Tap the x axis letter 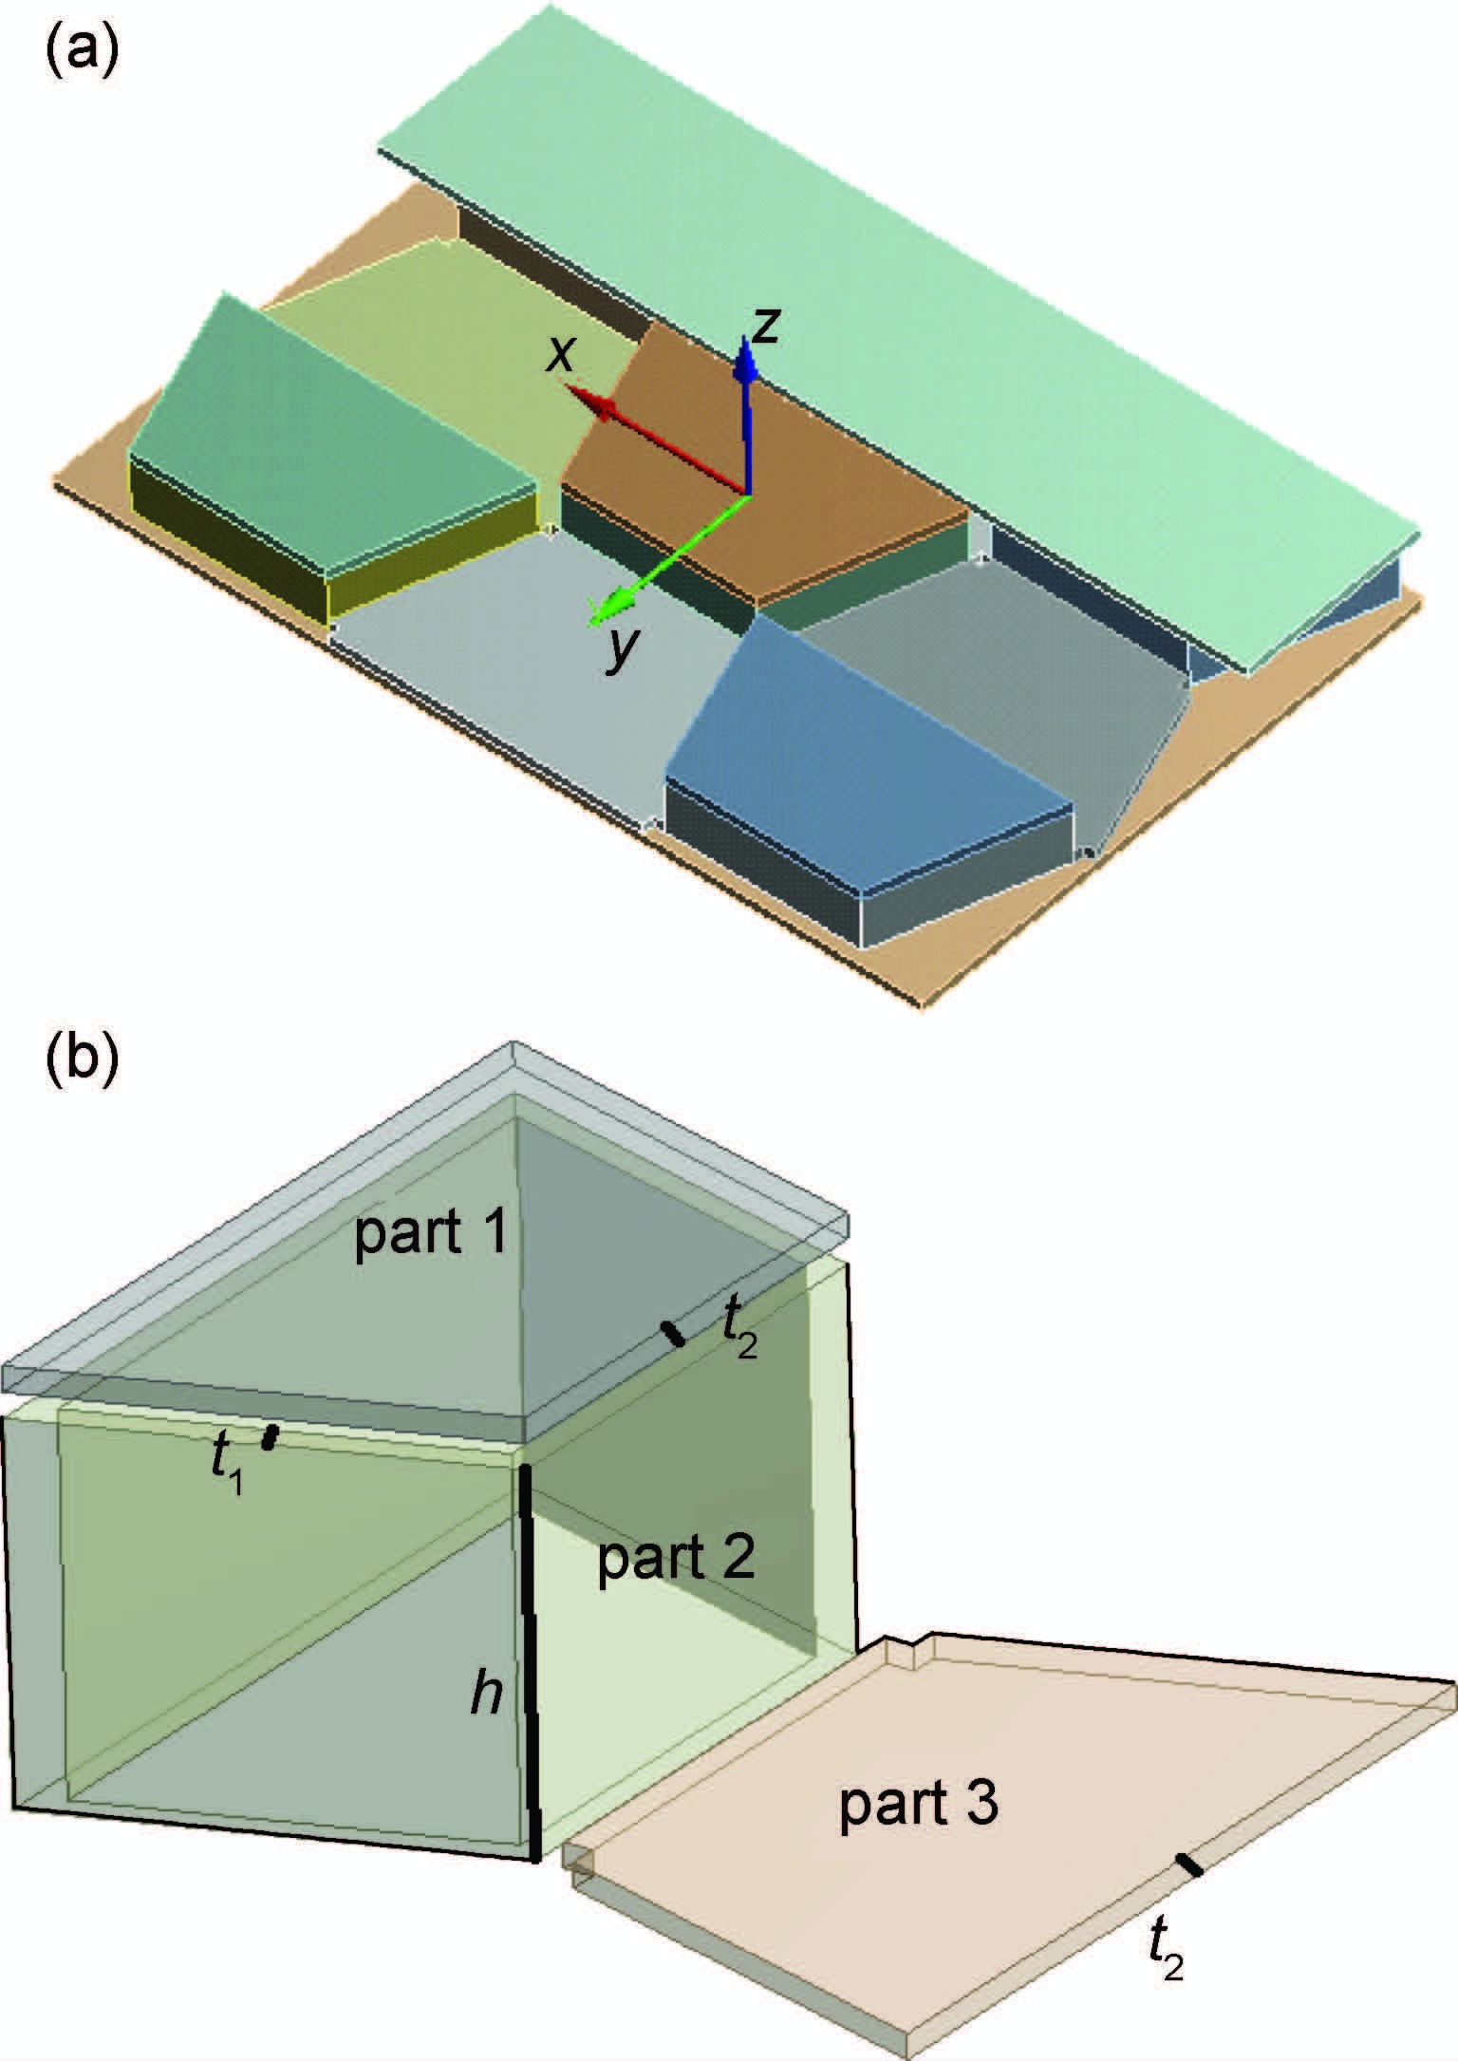click(562, 354)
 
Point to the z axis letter click(765, 326)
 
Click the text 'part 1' click(432, 1237)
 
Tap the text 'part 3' click(919, 1802)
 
